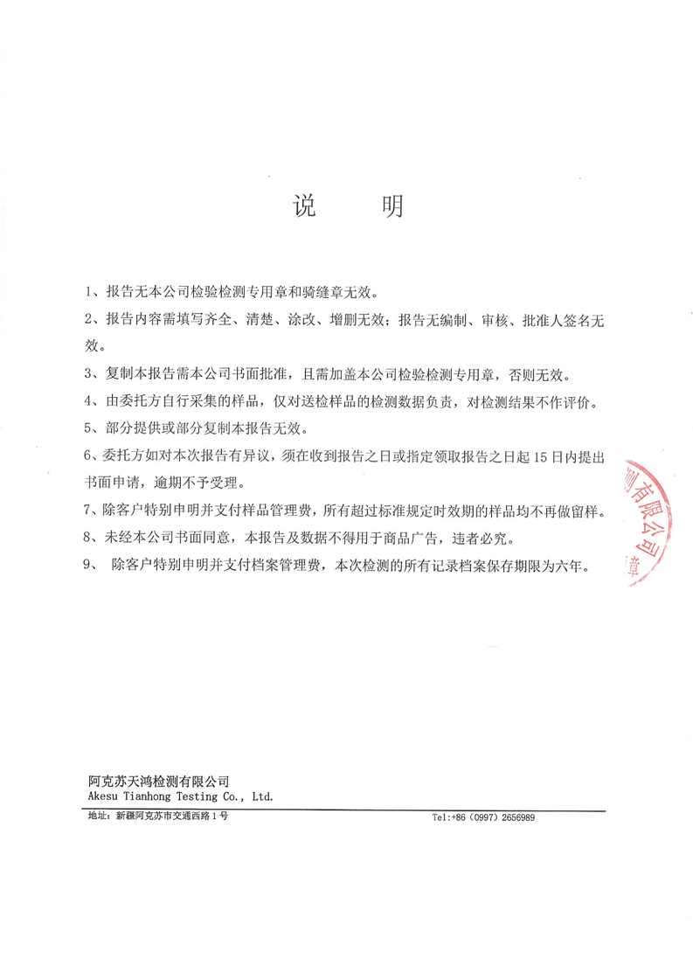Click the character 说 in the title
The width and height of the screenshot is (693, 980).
303,206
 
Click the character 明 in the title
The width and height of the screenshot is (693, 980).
391,206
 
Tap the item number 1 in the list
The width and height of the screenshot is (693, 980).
87,291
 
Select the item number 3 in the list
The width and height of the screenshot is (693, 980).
87,375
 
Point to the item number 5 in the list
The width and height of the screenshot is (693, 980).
87,429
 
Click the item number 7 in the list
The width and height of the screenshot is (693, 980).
87,509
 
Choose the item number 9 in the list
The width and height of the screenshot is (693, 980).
87,566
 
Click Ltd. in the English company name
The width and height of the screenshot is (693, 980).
263,796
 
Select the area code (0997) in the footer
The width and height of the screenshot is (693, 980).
475,818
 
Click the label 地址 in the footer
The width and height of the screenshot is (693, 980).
96,817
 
